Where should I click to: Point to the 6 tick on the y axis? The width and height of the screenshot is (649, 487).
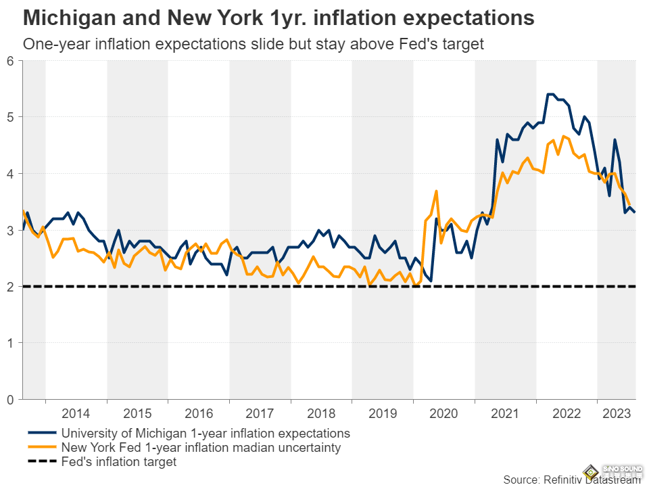[10, 61]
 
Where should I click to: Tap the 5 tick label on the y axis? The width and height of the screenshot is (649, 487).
[10, 117]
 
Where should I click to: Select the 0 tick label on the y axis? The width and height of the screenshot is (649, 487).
[10, 399]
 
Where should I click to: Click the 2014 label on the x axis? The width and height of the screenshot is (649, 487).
[76, 413]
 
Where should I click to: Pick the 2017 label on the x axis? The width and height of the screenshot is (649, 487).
[260, 413]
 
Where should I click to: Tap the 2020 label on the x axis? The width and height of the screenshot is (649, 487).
[443, 413]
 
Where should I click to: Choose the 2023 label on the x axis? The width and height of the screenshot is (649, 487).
[616, 413]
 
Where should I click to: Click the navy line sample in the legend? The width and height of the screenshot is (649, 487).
[42, 433]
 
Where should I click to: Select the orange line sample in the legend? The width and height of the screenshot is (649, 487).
[42, 448]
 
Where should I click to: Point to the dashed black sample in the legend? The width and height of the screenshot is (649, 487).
[42, 462]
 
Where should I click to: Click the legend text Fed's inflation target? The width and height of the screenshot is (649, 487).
[118, 462]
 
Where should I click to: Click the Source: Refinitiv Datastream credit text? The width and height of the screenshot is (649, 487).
[571, 480]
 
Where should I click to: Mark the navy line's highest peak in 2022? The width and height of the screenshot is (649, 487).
[550, 94]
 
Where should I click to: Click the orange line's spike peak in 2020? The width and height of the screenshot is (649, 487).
[436, 191]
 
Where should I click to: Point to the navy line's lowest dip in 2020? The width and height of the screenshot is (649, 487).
[431, 281]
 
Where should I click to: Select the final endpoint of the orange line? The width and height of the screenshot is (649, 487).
[630, 205]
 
